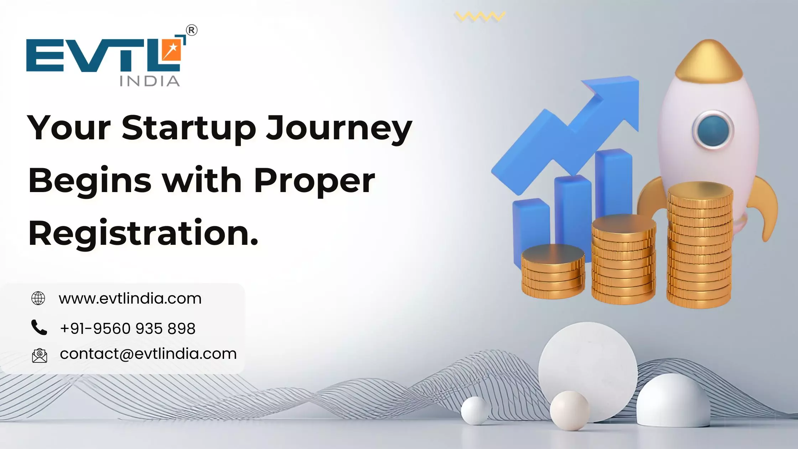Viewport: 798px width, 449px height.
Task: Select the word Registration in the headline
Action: point(142,233)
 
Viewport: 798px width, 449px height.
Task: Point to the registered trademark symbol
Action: point(192,31)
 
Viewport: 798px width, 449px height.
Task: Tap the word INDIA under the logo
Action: point(150,81)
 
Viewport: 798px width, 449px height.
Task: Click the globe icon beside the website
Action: point(38,298)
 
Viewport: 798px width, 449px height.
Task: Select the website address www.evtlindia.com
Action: point(130,298)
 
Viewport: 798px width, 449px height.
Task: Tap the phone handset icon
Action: point(39,327)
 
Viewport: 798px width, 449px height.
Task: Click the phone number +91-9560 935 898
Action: point(128,328)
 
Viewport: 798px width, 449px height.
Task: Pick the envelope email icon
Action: point(39,355)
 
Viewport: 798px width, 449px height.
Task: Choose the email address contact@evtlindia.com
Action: point(148,354)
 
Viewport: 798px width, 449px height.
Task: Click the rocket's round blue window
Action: point(713,130)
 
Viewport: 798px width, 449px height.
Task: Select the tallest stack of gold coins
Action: point(700,246)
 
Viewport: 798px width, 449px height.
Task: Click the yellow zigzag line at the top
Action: point(480,16)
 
